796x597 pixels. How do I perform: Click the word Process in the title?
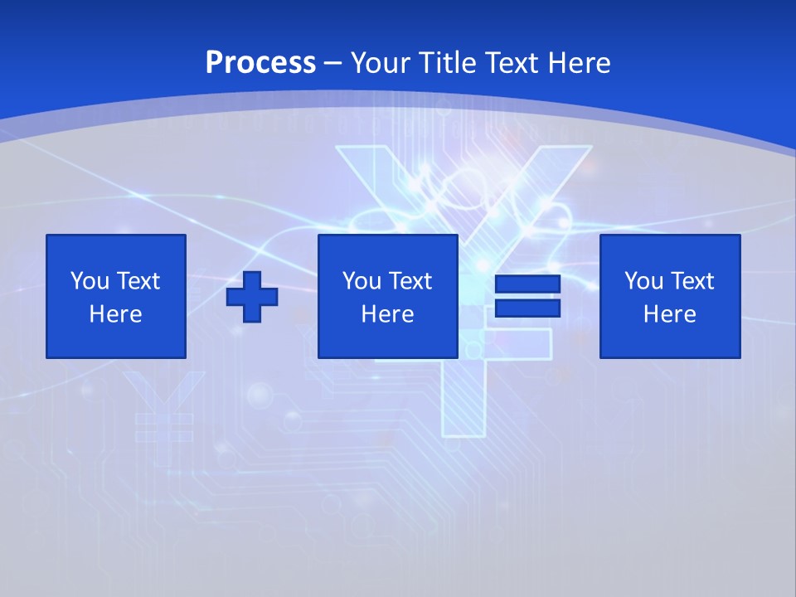pyautogui.click(x=260, y=63)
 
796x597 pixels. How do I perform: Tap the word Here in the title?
pyautogui.click(x=580, y=63)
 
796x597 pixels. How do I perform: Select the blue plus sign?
pyautogui.click(x=252, y=296)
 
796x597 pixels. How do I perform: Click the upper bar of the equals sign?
pyautogui.click(x=527, y=284)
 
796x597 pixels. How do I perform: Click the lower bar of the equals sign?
pyautogui.click(x=527, y=308)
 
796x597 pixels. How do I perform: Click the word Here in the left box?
pyautogui.click(x=115, y=314)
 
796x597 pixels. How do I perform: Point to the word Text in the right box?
pyautogui.click(x=693, y=281)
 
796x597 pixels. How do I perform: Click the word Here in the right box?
pyautogui.click(x=669, y=314)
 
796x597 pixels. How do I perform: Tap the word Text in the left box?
pyautogui.click(x=139, y=281)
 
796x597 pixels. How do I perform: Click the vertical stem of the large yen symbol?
pyautogui.click(x=464, y=398)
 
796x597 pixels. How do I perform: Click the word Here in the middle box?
pyautogui.click(x=387, y=314)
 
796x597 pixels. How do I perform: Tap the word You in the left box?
pyautogui.click(x=89, y=281)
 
